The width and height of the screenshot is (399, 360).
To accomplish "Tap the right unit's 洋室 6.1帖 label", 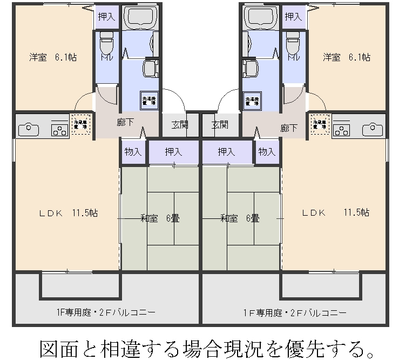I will click(347, 57).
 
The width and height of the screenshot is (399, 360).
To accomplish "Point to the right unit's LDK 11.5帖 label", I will click(335, 212).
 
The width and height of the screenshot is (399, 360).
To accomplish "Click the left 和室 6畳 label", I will click(160, 218).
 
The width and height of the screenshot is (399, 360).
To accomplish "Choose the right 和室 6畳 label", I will click(240, 218).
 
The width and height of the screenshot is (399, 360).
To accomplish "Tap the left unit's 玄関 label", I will click(180, 125).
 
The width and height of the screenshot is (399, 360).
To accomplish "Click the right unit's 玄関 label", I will click(219, 125).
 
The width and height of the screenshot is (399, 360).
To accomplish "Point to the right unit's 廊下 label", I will click(289, 128).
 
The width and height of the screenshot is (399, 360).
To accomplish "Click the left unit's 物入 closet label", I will click(133, 152).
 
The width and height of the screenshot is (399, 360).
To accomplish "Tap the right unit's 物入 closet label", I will click(266, 152).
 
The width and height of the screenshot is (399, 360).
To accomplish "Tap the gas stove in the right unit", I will click(342, 129).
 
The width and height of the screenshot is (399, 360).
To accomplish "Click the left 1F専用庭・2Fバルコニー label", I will click(106, 313).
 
